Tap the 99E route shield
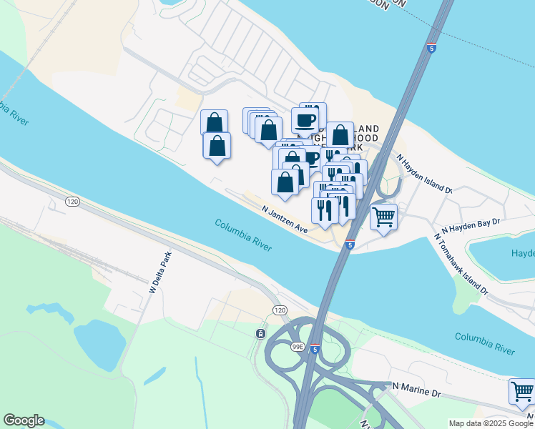click(x=298, y=347)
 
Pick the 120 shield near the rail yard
click(x=72, y=202)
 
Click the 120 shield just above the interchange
click(x=280, y=309)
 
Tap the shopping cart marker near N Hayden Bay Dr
click(x=384, y=217)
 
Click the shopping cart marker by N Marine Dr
click(x=522, y=392)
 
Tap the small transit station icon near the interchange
click(x=260, y=334)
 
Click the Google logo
click(x=24, y=420)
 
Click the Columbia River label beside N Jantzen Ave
click(x=242, y=234)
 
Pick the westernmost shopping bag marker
click(x=215, y=122)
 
